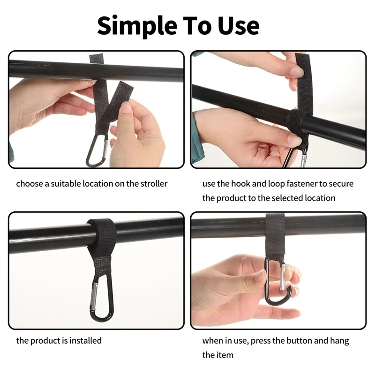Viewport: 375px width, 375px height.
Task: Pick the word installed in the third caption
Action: pos(86,340)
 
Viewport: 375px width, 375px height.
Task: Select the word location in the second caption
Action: pos(320,198)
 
